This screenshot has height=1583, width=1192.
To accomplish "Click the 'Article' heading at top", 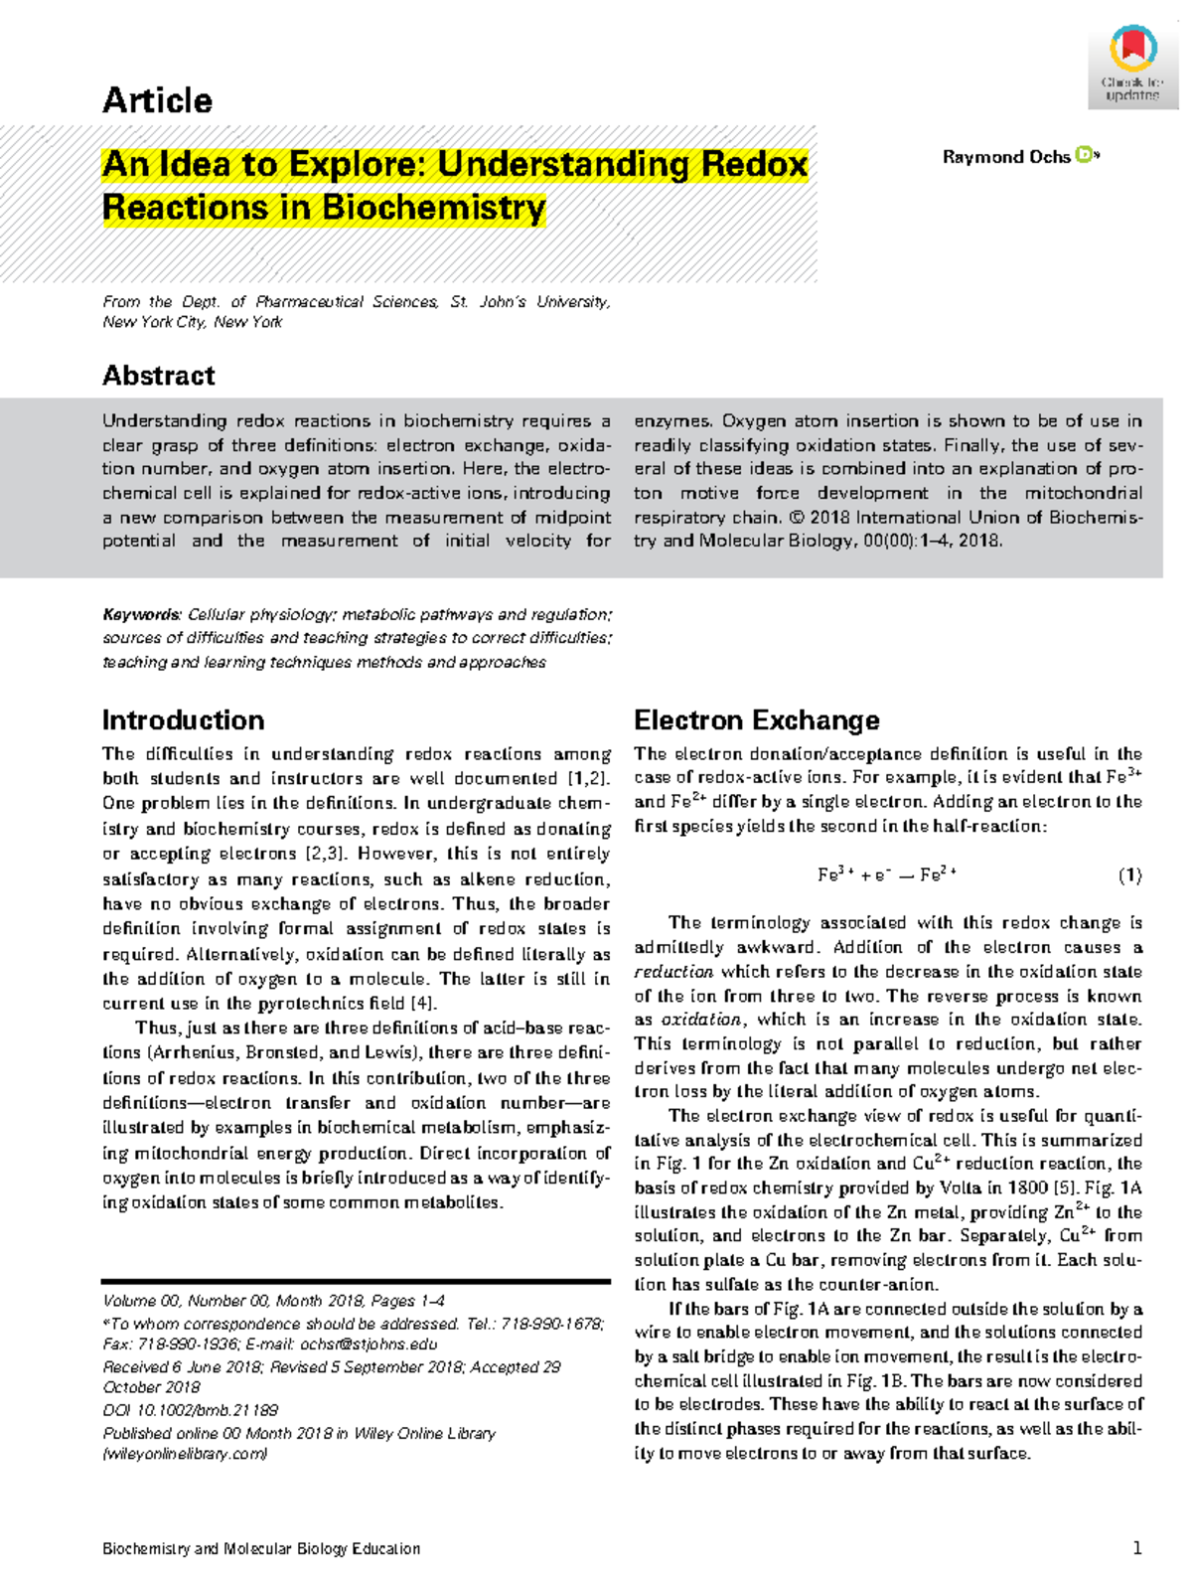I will tap(157, 100).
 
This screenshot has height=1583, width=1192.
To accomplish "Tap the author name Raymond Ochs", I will tap(1005, 157).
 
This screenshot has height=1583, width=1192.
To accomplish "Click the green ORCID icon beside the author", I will tap(1085, 155).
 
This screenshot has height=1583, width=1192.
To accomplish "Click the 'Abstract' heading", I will tap(159, 376).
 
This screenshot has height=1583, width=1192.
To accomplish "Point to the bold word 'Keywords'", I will tap(141, 614).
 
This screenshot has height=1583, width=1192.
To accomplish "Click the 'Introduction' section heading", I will tap(183, 719).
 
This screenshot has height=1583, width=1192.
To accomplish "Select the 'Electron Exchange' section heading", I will tap(756, 719).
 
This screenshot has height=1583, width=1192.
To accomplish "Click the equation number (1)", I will tap(1129, 875).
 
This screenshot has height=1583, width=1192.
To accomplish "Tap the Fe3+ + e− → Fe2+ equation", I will tap(886, 875).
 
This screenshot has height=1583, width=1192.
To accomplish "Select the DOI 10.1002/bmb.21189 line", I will tap(190, 1410).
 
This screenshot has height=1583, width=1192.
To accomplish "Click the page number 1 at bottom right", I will tap(1136, 1548).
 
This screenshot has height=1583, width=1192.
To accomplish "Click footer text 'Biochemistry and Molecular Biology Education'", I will tap(261, 1548).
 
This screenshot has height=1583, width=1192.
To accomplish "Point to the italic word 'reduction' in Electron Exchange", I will tap(673, 972).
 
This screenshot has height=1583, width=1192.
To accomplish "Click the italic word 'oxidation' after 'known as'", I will tap(701, 1020).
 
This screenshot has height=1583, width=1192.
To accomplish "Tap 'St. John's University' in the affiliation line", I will tap(529, 302).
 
